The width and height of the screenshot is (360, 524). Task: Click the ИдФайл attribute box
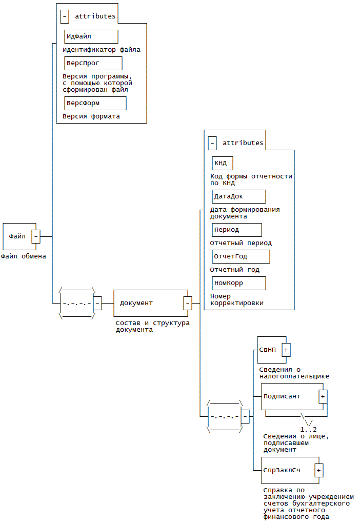tap(91, 36)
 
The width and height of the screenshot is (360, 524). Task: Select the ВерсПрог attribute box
tap(93, 63)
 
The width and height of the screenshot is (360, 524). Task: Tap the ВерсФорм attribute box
tap(95, 103)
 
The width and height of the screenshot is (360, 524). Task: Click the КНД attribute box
tap(223, 163)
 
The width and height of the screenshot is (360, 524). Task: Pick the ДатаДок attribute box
tap(239, 196)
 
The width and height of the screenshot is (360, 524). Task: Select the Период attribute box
tap(237, 230)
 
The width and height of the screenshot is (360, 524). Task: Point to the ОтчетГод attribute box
tap(241, 256)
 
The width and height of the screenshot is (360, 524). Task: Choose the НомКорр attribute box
tap(239, 283)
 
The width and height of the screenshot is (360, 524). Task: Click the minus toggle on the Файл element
tap(36, 236)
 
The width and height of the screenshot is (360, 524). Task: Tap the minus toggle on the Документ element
tap(188, 303)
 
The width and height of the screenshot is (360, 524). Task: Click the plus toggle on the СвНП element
tap(286, 350)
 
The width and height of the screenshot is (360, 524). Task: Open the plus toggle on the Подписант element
tap(323, 396)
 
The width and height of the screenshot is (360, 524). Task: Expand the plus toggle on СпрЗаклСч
tap(319, 470)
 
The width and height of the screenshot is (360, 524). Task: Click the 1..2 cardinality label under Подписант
tap(308, 429)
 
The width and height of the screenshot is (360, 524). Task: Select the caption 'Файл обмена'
tap(24, 256)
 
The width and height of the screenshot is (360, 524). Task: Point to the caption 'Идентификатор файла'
tap(102, 50)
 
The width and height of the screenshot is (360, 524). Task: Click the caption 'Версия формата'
tap(91, 116)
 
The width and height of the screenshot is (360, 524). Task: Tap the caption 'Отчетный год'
tap(235, 270)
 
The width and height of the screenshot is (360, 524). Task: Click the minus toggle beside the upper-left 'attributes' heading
tap(65, 16)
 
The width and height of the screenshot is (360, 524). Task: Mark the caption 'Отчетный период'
tap(241, 243)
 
